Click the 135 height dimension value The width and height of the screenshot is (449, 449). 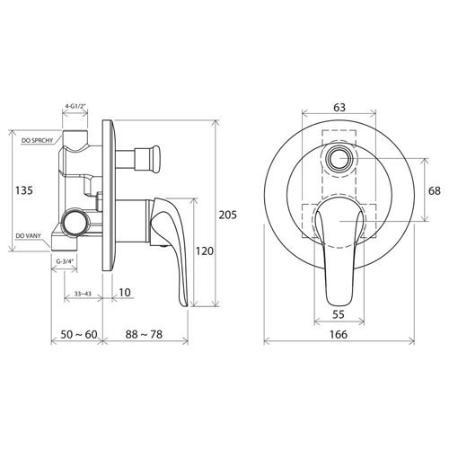24,190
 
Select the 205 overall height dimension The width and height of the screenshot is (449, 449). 228,215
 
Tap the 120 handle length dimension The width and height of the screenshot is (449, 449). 205,251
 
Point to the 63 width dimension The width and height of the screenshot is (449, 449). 339,108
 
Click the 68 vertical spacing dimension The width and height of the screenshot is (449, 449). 435,190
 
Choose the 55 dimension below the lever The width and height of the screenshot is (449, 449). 339,314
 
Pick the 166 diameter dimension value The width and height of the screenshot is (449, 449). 339,334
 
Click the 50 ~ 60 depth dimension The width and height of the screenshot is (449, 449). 79,334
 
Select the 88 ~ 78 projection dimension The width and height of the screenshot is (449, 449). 144,334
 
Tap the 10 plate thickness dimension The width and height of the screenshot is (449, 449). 125,293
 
